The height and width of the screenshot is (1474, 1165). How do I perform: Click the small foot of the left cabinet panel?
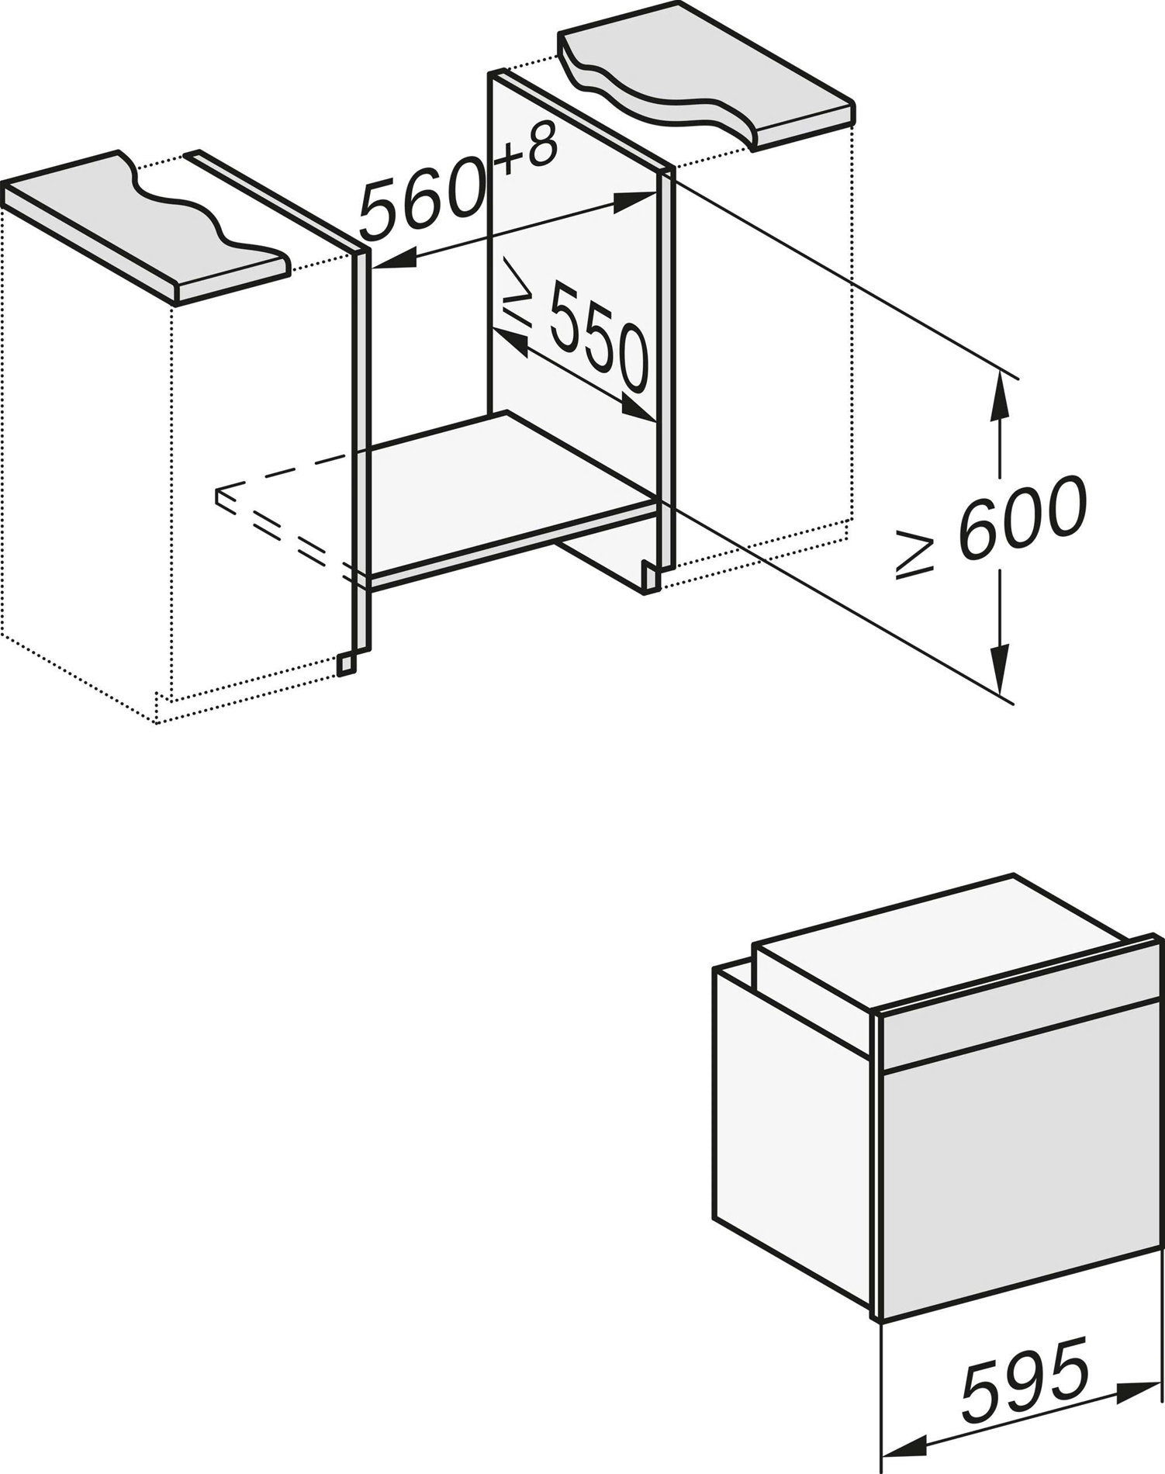[x=347, y=663]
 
